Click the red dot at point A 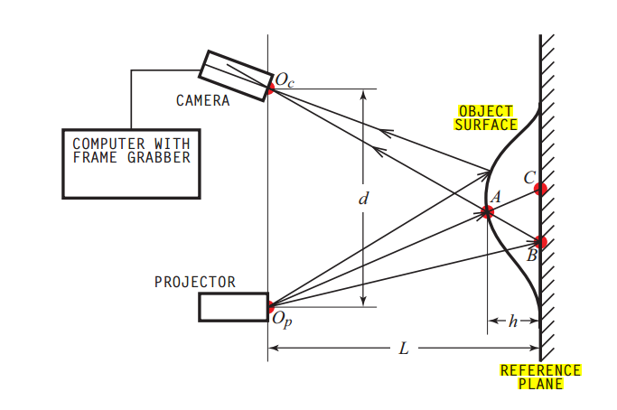point(488,212)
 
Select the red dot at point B point(540,242)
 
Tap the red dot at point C point(540,189)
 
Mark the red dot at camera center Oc point(268,89)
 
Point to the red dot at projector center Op point(268,307)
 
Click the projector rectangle point(233,307)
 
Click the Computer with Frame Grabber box point(131,163)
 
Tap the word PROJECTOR point(195,282)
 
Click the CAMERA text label point(202,101)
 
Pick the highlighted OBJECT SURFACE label point(486,117)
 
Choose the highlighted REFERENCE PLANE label point(540,377)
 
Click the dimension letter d point(362,198)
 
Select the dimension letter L point(403,348)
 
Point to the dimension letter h point(513,321)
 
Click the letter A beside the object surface point(493,197)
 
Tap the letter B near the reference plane point(532,256)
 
